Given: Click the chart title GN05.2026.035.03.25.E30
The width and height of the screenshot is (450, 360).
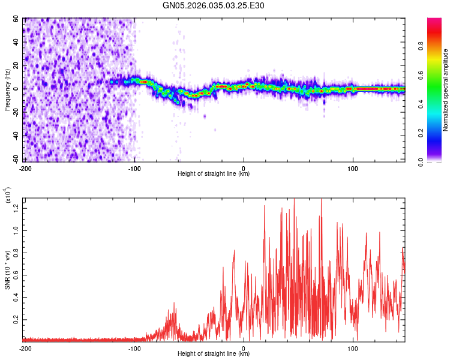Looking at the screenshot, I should [x=214, y=5].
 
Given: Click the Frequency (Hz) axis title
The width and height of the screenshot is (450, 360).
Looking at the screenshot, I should [x=7, y=90].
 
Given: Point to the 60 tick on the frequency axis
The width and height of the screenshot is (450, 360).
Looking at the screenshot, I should [x=17, y=19].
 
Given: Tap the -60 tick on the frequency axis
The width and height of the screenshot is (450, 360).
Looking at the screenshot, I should [x=16, y=160].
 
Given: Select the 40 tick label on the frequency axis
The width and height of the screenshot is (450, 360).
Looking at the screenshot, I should [x=17, y=43].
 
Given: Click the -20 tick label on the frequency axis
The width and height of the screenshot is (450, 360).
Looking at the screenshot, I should [x=16, y=113].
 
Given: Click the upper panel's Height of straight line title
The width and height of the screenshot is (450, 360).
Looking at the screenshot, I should [x=214, y=173].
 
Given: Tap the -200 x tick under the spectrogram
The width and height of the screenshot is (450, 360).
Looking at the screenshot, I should [x=25, y=167].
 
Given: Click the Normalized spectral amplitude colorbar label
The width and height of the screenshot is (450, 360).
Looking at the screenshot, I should [x=446, y=90].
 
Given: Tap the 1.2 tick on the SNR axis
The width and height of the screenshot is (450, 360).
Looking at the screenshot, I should [x=17, y=207].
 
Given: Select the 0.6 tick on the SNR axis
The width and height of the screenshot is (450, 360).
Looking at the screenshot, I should [x=17, y=275].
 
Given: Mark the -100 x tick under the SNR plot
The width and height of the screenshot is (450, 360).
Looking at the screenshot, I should [x=134, y=348].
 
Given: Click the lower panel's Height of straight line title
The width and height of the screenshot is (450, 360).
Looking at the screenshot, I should [x=214, y=354].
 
